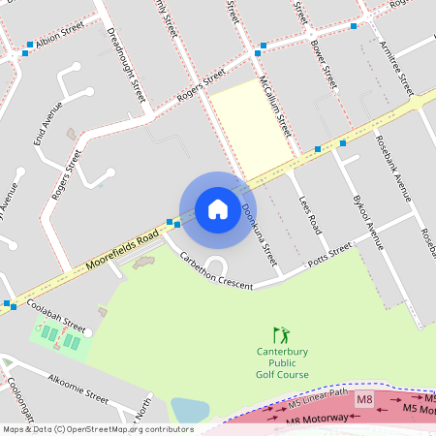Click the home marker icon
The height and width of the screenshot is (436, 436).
[218, 209]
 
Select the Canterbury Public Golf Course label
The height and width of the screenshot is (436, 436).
[283, 362]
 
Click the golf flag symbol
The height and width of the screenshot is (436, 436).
[281, 334]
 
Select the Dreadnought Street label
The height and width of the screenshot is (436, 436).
[126, 65]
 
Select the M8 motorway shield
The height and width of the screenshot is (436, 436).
[364, 399]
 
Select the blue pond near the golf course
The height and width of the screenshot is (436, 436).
[189, 410]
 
